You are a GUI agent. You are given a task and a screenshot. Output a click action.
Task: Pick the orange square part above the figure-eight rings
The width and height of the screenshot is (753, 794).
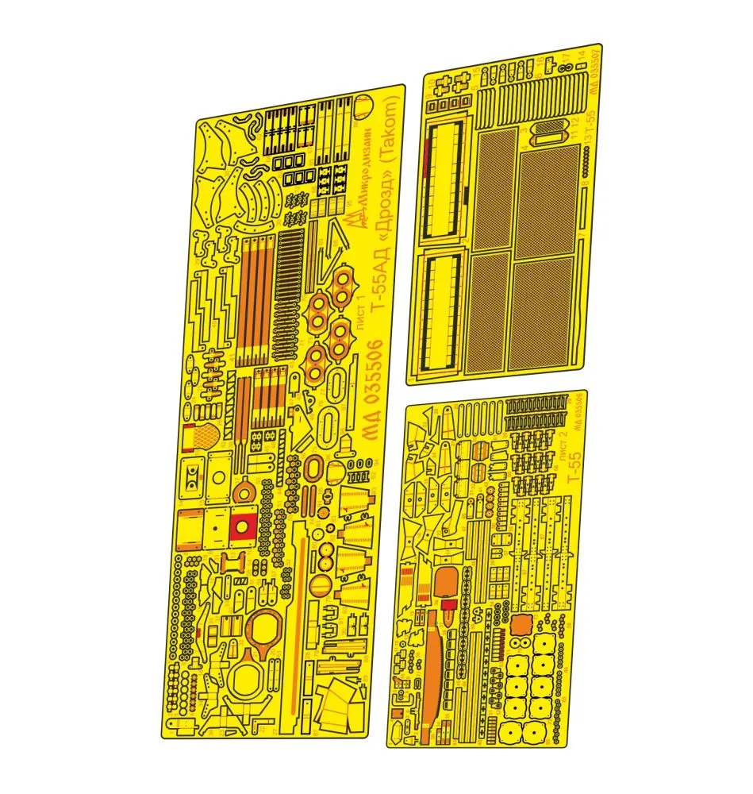click(520, 624)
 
